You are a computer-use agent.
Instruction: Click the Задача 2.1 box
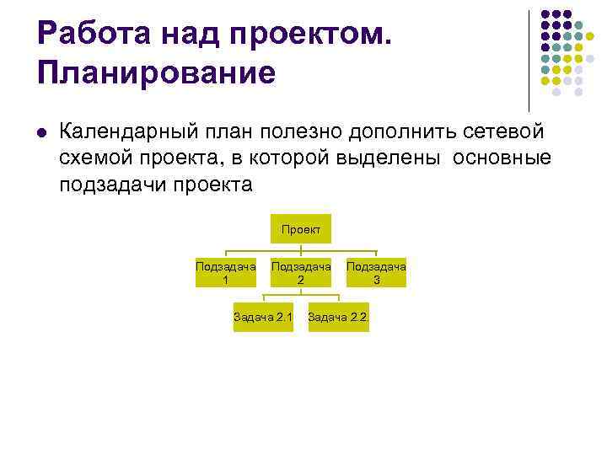pos(263,317)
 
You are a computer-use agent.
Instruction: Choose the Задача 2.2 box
pos(338,317)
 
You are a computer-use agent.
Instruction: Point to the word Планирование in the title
pos(156,72)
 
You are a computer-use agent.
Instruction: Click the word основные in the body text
pos(502,158)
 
